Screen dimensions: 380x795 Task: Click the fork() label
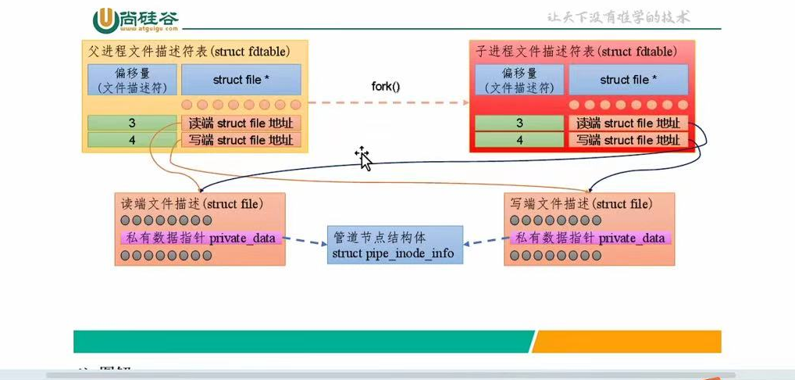click(385, 86)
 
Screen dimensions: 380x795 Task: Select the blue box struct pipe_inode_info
click(394, 245)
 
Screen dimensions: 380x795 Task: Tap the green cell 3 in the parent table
click(132, 124)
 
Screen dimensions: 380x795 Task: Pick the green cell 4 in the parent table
click(132, 140)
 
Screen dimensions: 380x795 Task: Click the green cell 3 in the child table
click(519, 124)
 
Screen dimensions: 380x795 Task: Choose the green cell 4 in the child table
click(519, 140)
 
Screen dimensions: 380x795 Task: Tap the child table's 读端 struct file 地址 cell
click(629, 124)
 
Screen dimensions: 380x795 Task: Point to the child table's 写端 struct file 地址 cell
click(629, 140)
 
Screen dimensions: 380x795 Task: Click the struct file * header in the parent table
click(241, 80)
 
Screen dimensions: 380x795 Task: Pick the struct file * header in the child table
click(629, 80)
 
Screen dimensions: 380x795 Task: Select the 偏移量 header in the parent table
click(132, 80)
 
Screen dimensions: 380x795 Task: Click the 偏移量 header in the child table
click(519, 80)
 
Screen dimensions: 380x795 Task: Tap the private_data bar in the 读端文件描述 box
click(200, 238)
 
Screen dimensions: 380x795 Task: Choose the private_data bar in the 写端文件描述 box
click(590, 238)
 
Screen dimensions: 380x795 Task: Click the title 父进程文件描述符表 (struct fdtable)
click(187, 52)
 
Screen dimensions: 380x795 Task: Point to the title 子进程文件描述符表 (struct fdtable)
click(576, 52)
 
